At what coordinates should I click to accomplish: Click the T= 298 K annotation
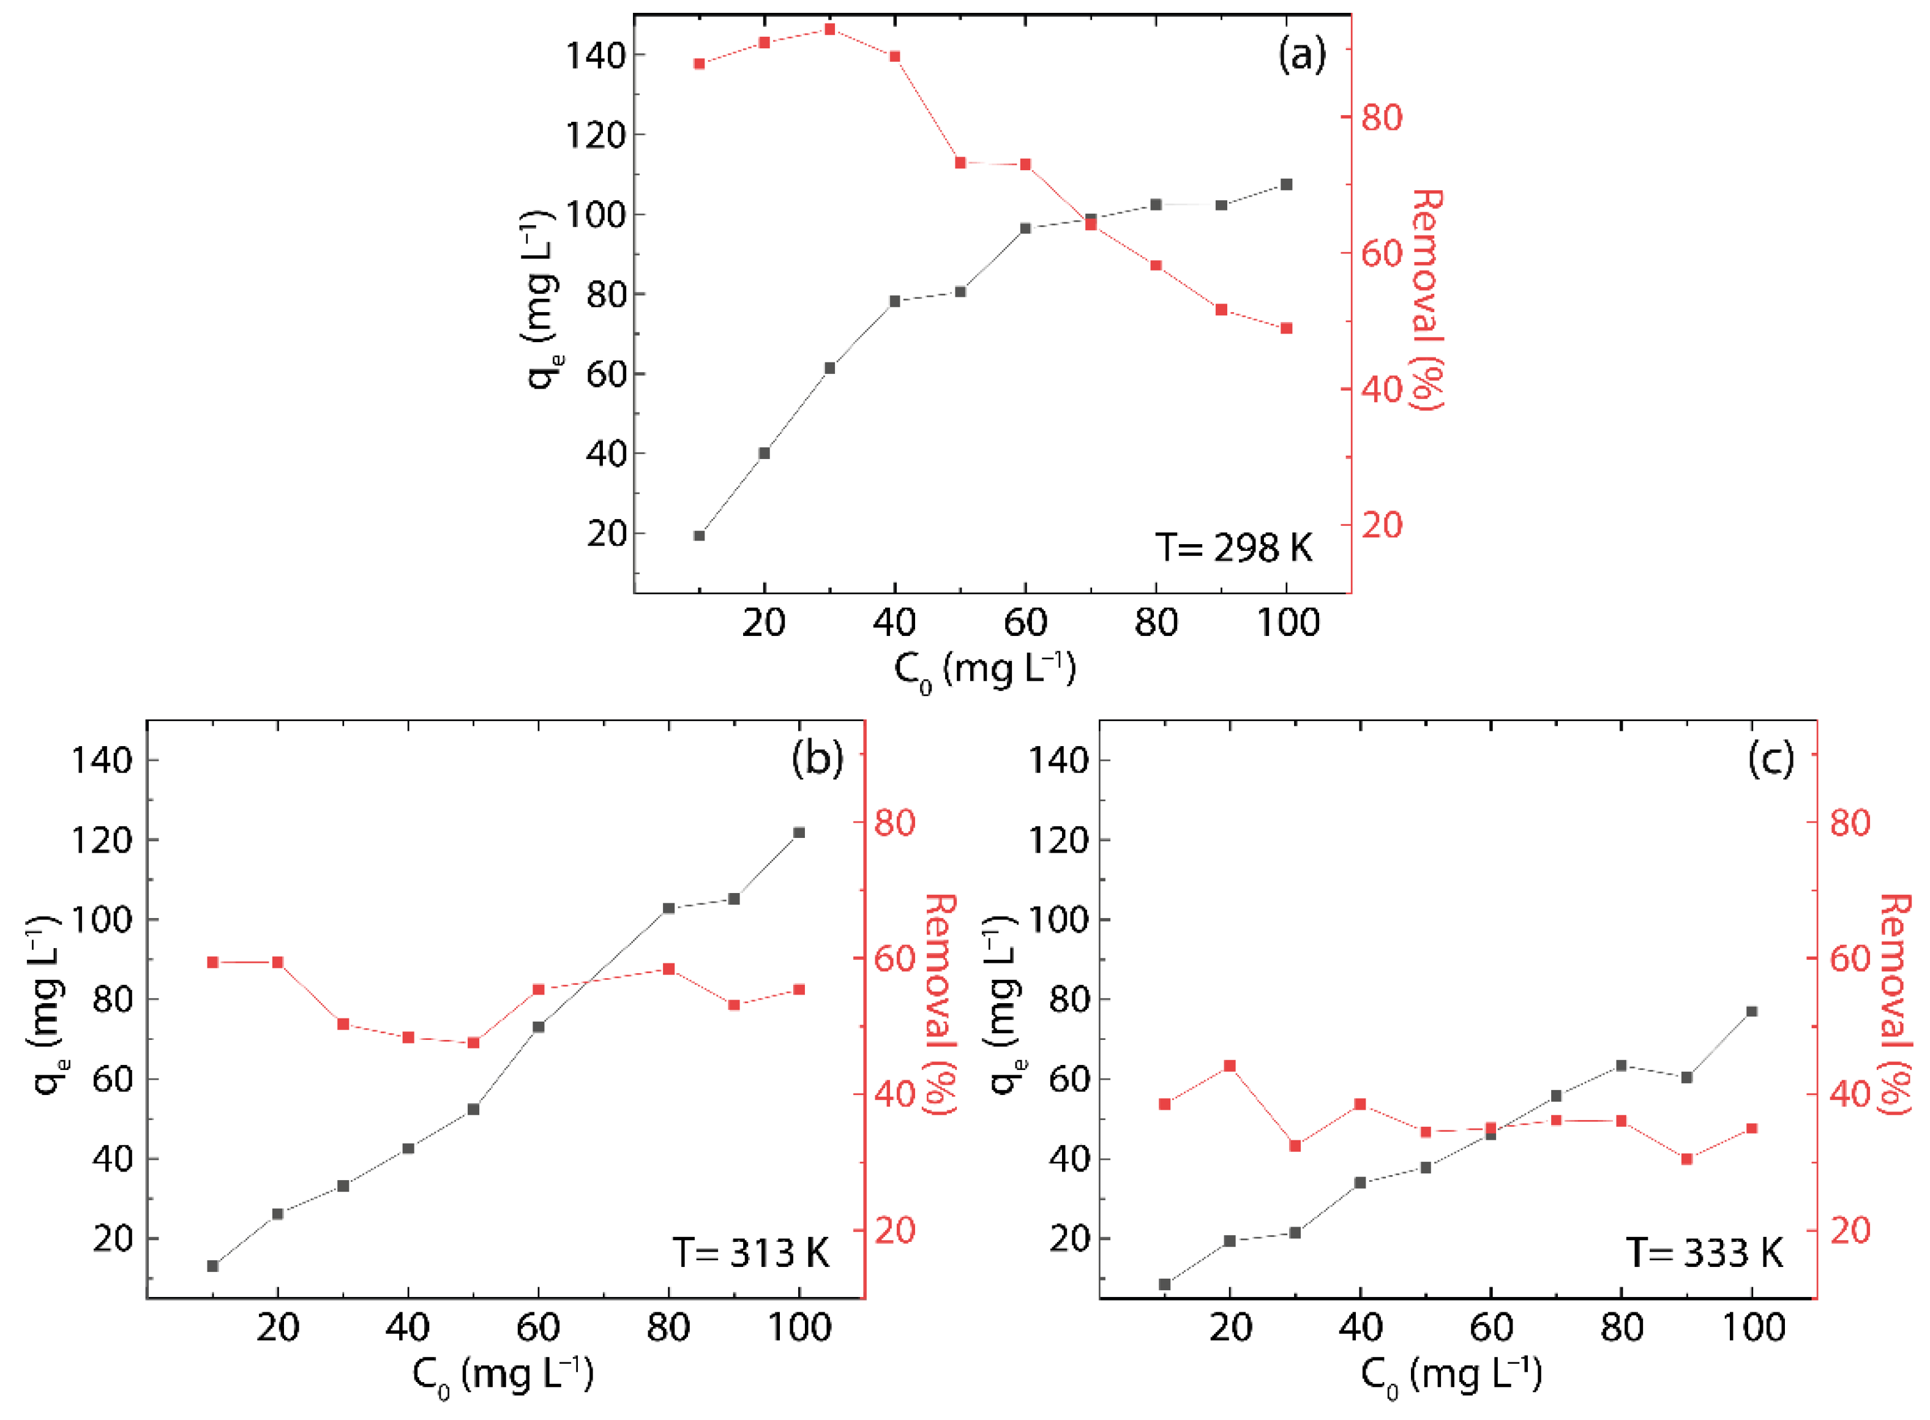1233,548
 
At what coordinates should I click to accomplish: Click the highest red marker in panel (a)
829,30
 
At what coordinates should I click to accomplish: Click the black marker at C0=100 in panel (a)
1286,185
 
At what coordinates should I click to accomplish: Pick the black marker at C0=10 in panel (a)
699,536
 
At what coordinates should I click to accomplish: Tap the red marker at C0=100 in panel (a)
1286,328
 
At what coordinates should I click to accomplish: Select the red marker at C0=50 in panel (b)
473,1042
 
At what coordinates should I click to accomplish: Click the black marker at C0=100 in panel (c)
1751,1012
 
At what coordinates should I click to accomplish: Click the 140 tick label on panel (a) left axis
594,55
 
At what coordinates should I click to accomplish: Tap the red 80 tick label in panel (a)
1382,118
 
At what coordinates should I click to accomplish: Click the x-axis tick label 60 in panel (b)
538,1328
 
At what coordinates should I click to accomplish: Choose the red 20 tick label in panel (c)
1850,1230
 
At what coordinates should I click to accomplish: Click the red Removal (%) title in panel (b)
940,1004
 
